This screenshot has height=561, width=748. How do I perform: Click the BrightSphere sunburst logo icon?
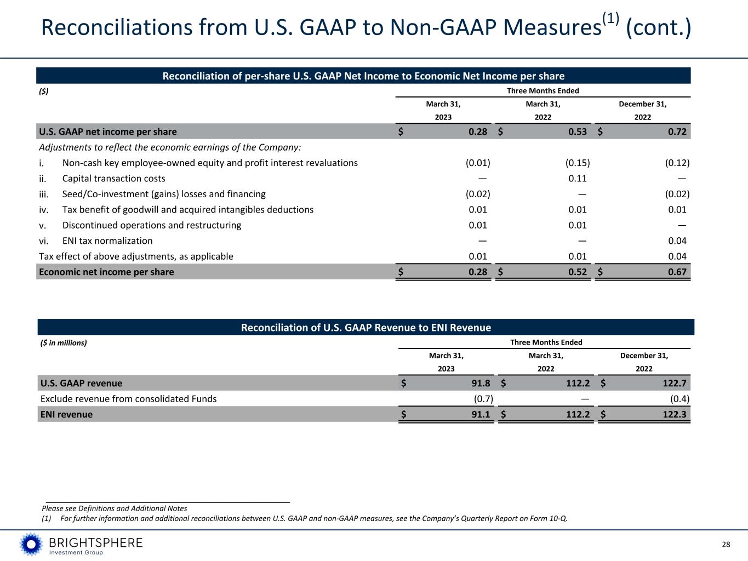click(31, 545)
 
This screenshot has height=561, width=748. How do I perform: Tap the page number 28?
click(726, 545)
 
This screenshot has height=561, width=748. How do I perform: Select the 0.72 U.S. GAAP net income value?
click(677, 131)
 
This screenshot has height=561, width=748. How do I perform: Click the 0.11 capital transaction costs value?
click(577, 179)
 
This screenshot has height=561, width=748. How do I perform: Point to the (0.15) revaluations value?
click(577, 163)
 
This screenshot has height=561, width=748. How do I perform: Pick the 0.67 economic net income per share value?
click(677, 272)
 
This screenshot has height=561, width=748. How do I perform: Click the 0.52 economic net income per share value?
click(577, 272)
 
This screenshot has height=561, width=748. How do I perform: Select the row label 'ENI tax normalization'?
click(107, 241)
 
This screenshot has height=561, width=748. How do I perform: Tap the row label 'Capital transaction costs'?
click(113, 179)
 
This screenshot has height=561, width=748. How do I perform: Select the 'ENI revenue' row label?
click(66, 415)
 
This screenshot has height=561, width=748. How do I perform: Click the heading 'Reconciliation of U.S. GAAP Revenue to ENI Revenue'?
click(366, 328)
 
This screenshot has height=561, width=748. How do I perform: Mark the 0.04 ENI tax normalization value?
click(677, 241)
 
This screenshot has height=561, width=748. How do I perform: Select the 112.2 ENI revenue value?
click(574, 415)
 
